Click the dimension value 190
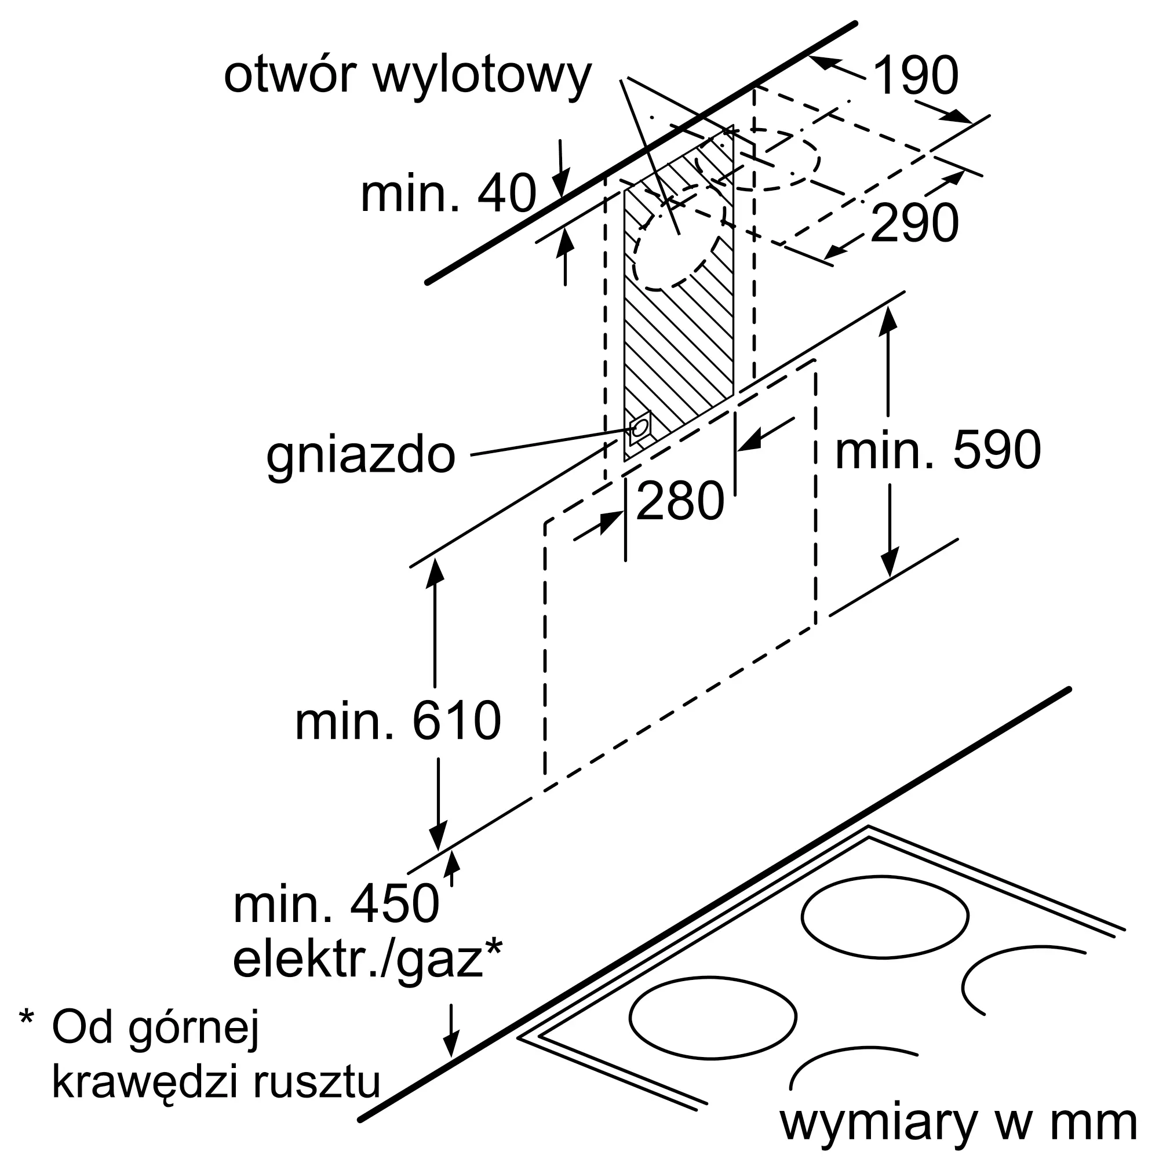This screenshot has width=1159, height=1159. (916, 75)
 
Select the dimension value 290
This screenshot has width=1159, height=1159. (914, 223)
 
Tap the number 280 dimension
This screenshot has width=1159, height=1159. (680, 501)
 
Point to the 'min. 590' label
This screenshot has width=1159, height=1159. (938, 450)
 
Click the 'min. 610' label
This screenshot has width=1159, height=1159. (398, 721)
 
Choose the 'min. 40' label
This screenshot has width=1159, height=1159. (447, 193)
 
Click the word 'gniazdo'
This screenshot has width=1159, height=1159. (360, 456)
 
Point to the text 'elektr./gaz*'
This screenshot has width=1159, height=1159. (367, 960)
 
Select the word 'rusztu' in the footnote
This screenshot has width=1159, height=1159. (317, 1081)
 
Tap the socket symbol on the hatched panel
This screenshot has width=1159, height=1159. (640, 427)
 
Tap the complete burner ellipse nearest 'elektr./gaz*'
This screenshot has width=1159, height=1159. (713, 1018)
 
